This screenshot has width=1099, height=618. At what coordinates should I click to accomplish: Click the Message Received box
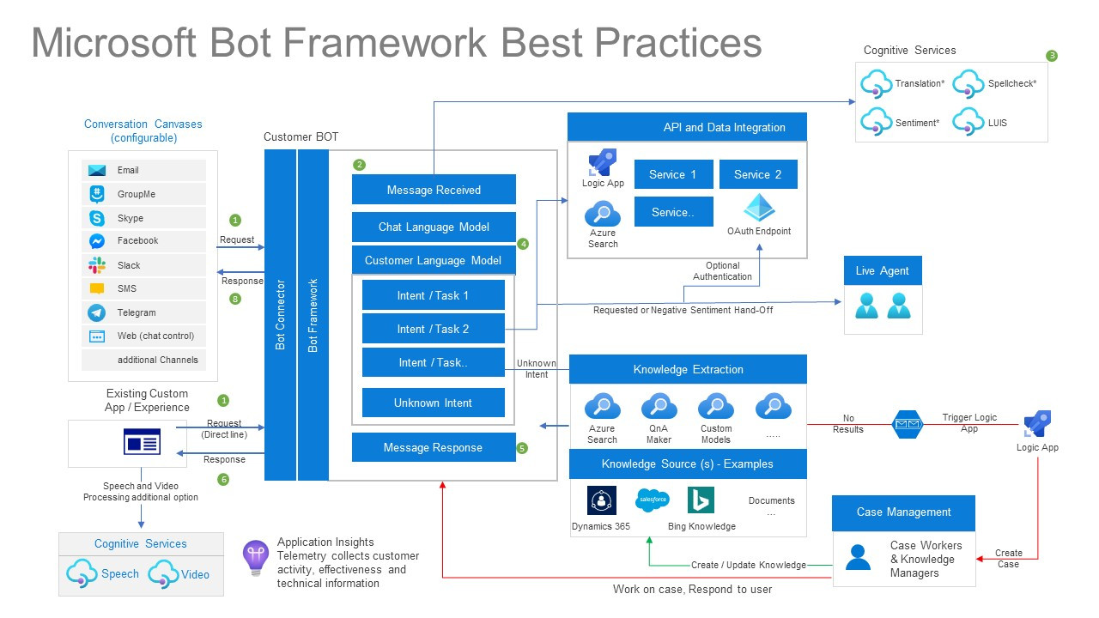pos(434,190)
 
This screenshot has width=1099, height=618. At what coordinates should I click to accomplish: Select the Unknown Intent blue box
pos(433,403)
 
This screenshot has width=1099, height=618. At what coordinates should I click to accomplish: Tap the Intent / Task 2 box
pos(433,329)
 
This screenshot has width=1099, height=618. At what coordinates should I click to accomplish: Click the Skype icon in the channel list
pos(97,218)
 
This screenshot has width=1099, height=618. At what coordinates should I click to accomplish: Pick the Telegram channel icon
pos(97,312)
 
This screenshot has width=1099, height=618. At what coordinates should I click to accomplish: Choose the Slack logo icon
pos(97,265)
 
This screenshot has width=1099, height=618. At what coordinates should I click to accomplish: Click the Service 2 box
pos(757,174)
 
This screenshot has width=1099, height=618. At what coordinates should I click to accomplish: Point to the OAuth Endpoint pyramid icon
pos(759,209)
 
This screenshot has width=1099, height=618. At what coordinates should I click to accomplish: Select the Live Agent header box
pos(882,270)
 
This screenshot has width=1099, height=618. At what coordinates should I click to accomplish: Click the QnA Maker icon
pos(659,406)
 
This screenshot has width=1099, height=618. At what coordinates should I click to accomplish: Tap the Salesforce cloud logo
pos(652,499)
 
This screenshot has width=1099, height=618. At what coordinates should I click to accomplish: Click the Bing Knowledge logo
pos(701,500)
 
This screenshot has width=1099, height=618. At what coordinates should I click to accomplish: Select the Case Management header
pos(903,512)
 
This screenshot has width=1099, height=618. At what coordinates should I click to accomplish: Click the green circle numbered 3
pos(1052,56)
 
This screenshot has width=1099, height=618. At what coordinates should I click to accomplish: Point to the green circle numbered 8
pos(235,300)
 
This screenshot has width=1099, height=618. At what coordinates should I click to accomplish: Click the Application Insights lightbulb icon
pos(256,557)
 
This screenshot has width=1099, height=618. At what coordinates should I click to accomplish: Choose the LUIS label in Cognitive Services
pos(997,123)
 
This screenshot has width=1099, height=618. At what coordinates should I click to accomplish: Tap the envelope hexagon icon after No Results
pos(907,423)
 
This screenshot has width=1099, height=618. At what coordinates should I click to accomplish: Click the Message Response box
pos(433,447)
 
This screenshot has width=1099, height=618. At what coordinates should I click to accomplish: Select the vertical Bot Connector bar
pos(280,315)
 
